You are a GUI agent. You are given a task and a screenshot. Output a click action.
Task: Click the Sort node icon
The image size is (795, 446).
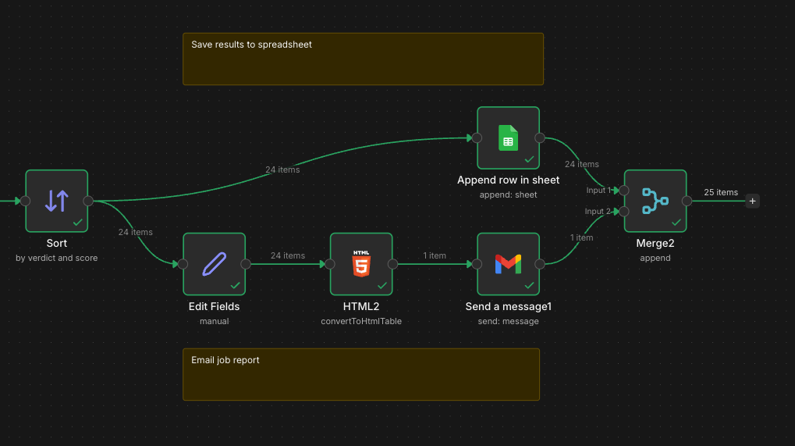coord(56,201)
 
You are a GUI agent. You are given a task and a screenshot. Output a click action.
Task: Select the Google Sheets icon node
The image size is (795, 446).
coord(508,138)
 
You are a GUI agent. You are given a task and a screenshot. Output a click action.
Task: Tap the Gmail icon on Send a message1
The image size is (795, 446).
coord(508,264)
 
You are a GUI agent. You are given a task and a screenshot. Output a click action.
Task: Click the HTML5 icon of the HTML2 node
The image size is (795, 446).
coord(361,264)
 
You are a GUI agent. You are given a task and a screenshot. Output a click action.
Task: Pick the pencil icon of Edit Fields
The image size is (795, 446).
coord(214,264)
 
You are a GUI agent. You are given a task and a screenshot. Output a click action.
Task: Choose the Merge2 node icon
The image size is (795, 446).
coord(655,201)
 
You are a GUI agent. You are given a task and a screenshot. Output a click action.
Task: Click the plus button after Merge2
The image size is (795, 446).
coord(752,201)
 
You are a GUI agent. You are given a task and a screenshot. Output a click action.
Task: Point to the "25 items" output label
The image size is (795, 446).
coord(721,192)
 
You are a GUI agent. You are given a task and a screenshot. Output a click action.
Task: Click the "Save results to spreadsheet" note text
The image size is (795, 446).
coord(251,45)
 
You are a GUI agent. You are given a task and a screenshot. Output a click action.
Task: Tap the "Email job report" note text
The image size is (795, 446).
coord(225,360)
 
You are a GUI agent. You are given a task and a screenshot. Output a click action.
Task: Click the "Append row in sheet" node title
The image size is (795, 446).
coord(508,180)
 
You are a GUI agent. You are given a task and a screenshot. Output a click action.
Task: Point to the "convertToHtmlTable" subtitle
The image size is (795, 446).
coord(361,321)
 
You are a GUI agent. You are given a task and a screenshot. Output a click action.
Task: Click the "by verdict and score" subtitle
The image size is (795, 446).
coord(57,258)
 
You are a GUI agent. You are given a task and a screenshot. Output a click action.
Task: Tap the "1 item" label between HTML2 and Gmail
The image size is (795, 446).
coord(435,255)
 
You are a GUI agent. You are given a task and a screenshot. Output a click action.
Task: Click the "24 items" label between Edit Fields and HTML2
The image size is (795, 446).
coord(288,255)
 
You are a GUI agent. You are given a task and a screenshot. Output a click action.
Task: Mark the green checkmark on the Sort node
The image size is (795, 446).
coord(77,223)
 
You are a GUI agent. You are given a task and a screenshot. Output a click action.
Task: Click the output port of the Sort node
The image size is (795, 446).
coord(88,201)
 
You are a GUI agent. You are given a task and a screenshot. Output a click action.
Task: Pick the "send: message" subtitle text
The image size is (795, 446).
coord(508,321)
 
